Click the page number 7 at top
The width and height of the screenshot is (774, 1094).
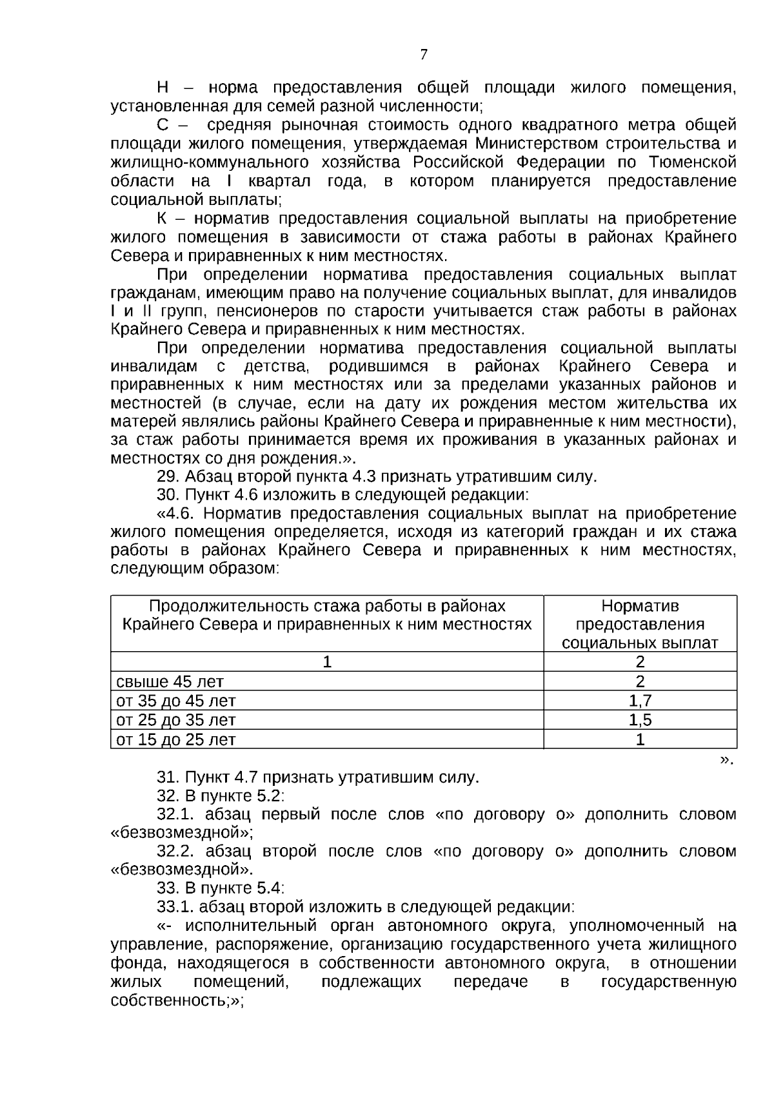tap(423, 55)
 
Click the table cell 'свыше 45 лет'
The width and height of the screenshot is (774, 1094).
tap(170, 681)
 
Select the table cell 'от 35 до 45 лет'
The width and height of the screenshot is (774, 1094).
tap(175, 701)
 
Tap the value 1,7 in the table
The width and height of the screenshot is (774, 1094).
tap(640, 701)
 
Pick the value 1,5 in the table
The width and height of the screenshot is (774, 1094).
tap(640, 720)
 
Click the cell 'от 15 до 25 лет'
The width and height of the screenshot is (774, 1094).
tap(175, 739)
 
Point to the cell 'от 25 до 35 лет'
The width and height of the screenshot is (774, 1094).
tap(175, 720)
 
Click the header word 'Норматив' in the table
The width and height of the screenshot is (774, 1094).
tap(640, 606)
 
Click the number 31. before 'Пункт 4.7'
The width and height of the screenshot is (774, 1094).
tap(168, 777)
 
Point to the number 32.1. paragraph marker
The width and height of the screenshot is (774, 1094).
tap(176, 814)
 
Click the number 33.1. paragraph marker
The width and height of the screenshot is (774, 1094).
tap(176, 907)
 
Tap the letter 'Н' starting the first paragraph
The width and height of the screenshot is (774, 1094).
tap(163, 87)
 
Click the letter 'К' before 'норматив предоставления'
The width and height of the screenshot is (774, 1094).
tap(163, 218)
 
